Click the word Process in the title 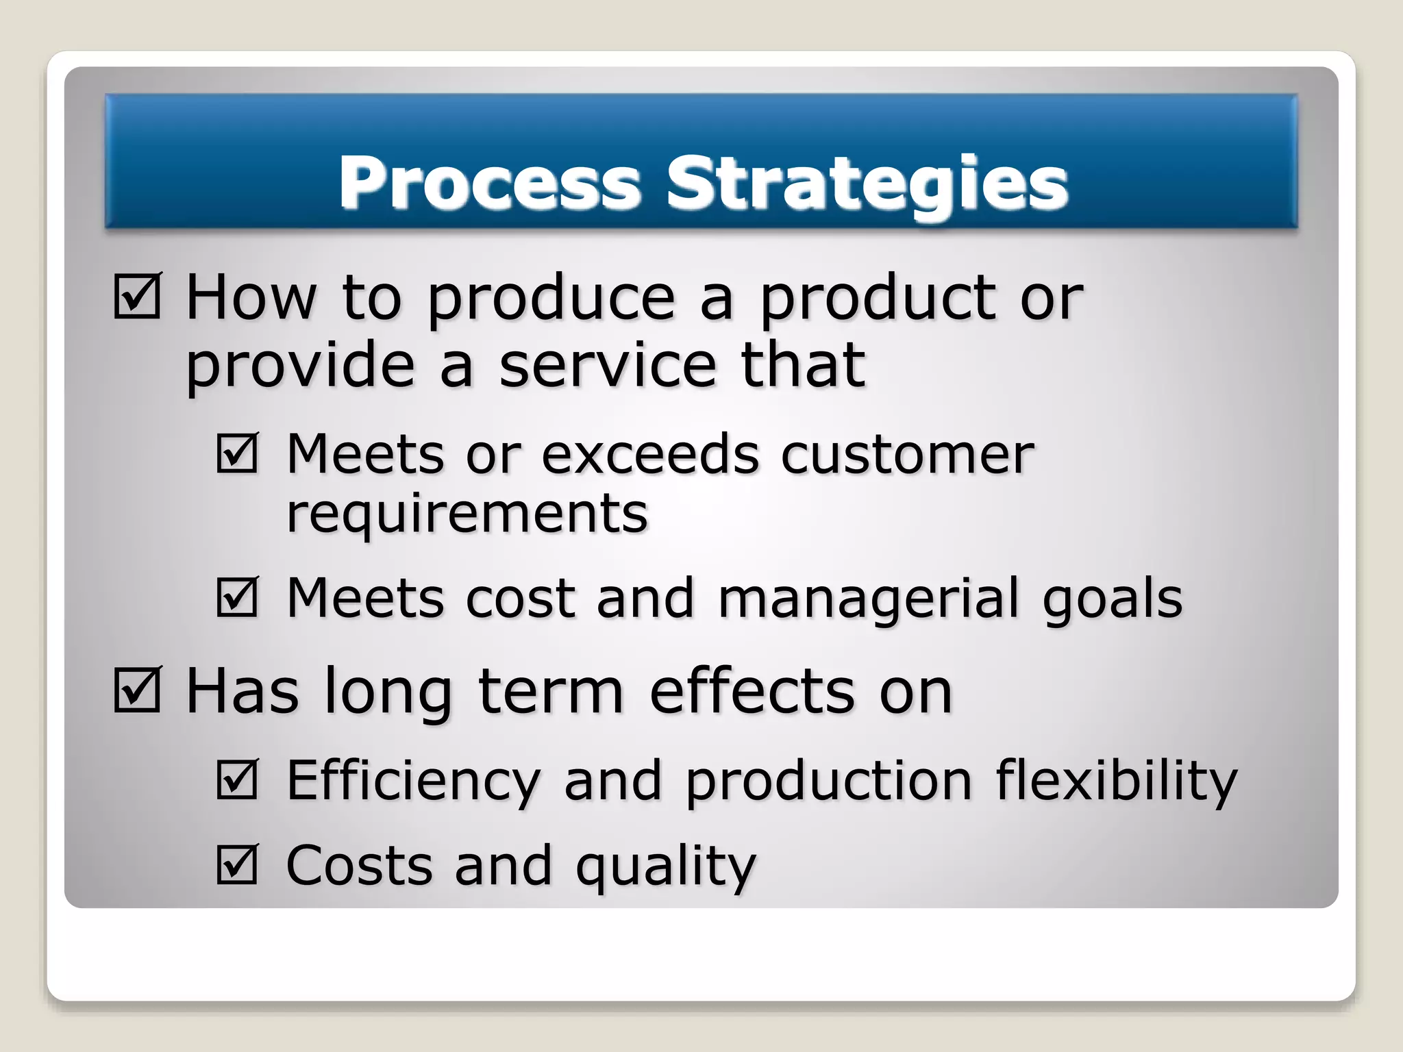489,183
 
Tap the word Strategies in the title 867,183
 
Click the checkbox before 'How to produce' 137,297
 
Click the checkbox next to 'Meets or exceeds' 237,453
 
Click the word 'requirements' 467,514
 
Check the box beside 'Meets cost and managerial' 237,597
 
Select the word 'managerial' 869,599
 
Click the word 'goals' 1113,599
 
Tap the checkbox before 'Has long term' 137,690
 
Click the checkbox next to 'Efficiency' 237,779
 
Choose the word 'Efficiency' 413,781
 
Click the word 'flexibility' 1116,781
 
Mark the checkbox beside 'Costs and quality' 237,864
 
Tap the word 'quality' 665,866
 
